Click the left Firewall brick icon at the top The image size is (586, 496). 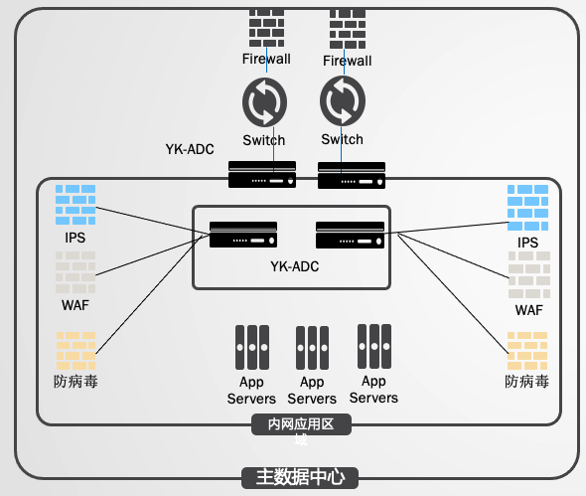(x=266, y=28)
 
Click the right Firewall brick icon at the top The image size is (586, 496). (x=348, y=29)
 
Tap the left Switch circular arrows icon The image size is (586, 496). (x=264, y=101)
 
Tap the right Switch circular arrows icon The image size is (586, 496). (x=343, y=101)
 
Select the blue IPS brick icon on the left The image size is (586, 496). (x=75, y=205)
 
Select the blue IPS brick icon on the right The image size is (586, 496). (x=527, y=207)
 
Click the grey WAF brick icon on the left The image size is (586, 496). (x=75, y=272)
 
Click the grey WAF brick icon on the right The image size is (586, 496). (x=529, y=274)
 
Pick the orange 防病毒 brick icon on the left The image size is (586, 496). (x=75, y=351)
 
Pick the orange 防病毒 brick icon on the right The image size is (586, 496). (x=527, y=351)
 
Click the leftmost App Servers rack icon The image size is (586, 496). (x=252, y=347)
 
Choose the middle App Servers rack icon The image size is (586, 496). (x=313, y=348)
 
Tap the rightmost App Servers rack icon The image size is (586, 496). (x=374, y=346)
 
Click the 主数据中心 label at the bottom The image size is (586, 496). (x=300, y=478)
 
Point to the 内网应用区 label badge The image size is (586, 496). (x=301, y=424)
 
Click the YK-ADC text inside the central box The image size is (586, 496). (x=295, y=266)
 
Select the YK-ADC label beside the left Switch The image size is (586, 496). (x=190, y=149)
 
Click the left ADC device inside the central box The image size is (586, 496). (x=243, y=235)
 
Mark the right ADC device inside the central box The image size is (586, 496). (x=350, y=235)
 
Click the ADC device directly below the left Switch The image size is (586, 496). (x=262, y=174)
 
